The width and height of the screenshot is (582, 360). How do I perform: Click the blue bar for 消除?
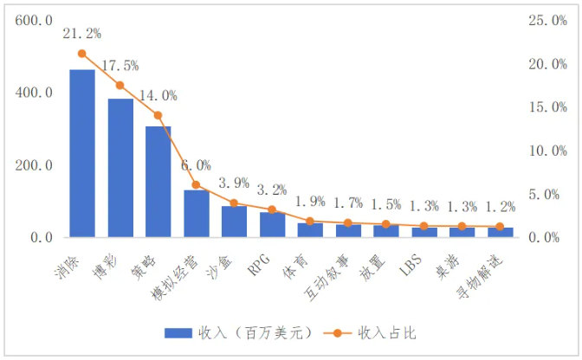point(82,153)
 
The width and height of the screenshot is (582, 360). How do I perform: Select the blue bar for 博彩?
point(120,168)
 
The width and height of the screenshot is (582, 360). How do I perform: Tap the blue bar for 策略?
point(158,182)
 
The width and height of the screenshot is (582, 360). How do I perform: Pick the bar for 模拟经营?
point(196,213)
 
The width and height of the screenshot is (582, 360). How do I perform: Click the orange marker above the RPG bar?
point(272,209)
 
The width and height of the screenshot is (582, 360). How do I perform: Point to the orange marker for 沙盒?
point(234,203)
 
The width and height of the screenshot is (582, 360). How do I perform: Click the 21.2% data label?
point(81,34)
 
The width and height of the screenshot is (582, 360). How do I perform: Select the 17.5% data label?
point(120,66)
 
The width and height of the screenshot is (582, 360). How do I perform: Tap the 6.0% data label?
point(196,165)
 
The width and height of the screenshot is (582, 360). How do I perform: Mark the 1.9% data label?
point(310,202)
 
